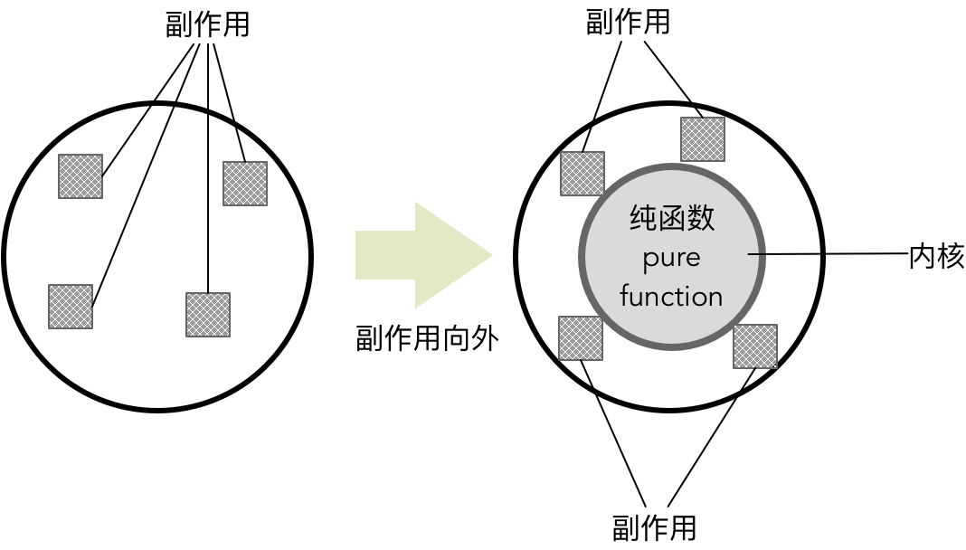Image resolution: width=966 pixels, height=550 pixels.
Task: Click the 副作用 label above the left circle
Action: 207,24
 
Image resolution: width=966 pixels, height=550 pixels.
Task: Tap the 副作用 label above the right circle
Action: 628,21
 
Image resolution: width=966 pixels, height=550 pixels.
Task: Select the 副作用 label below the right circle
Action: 654,526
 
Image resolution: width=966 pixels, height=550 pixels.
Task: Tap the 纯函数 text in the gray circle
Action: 671,218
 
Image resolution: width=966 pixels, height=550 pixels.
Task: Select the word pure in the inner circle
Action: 671,258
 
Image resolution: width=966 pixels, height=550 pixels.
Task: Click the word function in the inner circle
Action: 671,297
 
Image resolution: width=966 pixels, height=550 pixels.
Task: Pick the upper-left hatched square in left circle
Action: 80,176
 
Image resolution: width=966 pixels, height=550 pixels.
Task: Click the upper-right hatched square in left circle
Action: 245,184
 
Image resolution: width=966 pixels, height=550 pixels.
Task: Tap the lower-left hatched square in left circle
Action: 71,307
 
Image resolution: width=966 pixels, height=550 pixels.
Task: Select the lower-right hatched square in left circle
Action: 208,315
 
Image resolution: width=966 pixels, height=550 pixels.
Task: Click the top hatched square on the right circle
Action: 703,139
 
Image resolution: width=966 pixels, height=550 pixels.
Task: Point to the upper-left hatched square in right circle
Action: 582,174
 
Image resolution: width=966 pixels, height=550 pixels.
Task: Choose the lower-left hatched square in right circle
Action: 581,338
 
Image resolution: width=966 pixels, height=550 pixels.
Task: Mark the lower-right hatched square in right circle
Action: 755,346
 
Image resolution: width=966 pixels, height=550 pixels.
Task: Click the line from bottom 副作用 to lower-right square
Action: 710,439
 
